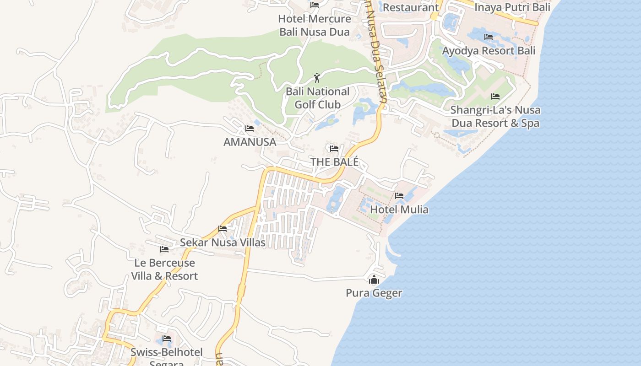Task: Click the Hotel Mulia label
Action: tap(399, 210)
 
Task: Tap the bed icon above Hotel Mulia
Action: tap(399, 196)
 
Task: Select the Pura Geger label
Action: tap(374, 293)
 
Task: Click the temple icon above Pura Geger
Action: tap(374, 280)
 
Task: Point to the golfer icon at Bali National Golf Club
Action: tap(316, 78)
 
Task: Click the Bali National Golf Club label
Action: tap(317, 98)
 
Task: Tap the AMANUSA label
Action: tap(250, 142)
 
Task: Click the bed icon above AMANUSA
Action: tap(250, 129)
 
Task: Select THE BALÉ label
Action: tap(334, 162)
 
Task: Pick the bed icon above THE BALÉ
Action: tap(334, 149)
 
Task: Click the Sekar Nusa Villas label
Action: tap(223, 242)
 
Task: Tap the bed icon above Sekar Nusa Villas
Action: tap(223, 229)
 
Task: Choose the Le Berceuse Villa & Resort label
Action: tap(164, 269)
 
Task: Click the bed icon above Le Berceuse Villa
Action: tap(164, 249)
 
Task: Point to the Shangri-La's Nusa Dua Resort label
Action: tap(495, 116)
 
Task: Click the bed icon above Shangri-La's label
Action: tap(495, 97)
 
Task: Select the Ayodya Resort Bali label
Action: tap(489, 50)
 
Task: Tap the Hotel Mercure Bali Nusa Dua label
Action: tap(315, 25)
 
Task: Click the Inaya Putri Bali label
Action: tap(512, 7)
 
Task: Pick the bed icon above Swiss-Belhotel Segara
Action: tap(167, 339)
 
